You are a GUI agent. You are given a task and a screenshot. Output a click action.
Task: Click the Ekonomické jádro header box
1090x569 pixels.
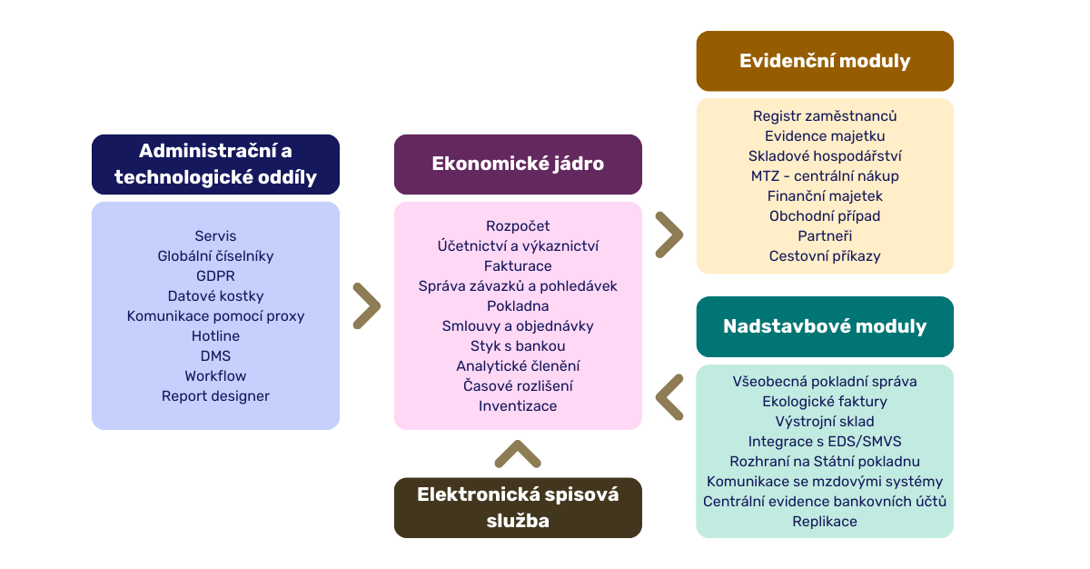pyautogui.click(x=518, y=165)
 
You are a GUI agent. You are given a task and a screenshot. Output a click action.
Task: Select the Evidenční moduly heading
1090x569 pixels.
pyautogui.click(x=825, y=61)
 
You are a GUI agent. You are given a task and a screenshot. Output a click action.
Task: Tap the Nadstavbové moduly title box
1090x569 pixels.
pyautogui.click(x=825, y=326)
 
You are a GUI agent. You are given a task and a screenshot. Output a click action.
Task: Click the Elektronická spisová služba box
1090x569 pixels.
pyautogui.click(x=518, y=508)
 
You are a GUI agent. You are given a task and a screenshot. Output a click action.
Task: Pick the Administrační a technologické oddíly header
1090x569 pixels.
pyautogui.click(x=215, y=165)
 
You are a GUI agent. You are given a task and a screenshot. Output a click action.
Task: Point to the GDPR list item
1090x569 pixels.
pyautogui.click(x=215, y=276)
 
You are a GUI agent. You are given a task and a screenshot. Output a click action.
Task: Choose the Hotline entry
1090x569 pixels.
pyautogui.click(x=215, y=335)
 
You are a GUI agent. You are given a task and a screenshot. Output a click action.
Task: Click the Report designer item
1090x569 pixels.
pyautogui.click(x=215, y=396)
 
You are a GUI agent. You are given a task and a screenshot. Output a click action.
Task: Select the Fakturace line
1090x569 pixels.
pyautogui.click(x=518, y=266)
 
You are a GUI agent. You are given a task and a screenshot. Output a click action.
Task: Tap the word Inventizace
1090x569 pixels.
pyautogui.click(x=518, y=406)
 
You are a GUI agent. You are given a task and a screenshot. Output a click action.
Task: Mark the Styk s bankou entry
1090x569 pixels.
pyautogui.click(x=518, y=346)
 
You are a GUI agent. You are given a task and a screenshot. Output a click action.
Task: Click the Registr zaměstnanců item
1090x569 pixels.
pyautogui.click(x=825, y=116)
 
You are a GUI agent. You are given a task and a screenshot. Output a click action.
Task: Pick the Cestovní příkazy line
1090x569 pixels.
pyautogui.click(x=825, y=256)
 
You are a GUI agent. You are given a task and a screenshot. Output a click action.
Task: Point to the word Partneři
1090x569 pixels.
pyautogui.click(x=825, y=236)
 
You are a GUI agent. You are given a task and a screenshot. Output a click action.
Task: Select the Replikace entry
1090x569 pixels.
pyautogui.click(x=825, y=522)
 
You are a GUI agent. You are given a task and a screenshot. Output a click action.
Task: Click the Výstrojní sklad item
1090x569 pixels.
pyautogui.click(x=825, y=422)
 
